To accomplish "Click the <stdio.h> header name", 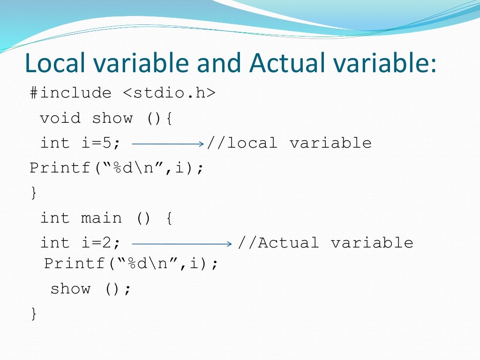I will click(x=169, y=93).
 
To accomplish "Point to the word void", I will click(x=60, y=118).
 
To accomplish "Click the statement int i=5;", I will click(x=80, y=143).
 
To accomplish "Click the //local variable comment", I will click(x=289, y=143).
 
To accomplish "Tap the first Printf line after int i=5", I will click(x=117, y=168).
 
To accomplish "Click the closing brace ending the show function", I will click(x=33, y=193).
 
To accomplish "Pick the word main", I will click(x=101, y=218).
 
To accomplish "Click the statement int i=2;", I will click(x=80, y=243).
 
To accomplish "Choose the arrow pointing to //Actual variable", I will click(x=182, y=243).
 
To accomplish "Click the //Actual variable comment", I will click(x=325, y=243).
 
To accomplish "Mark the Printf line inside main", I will click(x=131, y=263).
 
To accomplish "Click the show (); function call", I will click(x=90, y=288).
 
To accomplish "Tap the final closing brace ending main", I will click(x=33, y=313).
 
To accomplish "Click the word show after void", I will click(x=112, y=118).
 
